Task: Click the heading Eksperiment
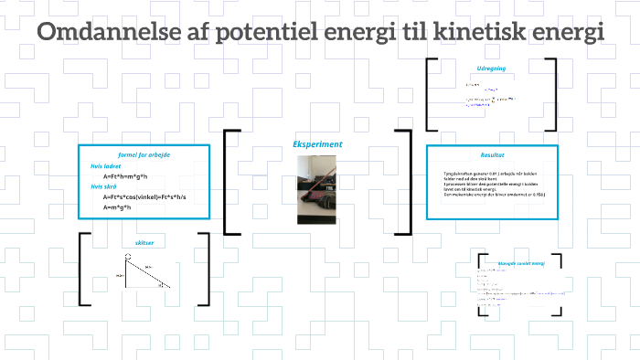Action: pyautogui.click(x=317, y=144)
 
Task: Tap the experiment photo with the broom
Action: pyautogui.click(x=316, y=189)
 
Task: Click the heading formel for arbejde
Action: pyautogui.click(x=144, y=154)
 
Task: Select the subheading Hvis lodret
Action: pyautogui.click(x=106, y=166)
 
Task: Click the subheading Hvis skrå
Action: pyautogui.click(x=103, y=185)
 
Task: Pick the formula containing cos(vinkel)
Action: pyautogui.click(x=144, y=196)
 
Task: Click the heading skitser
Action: pyautogui.click(x=144, y=243)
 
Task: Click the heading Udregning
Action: pyautogui.click(x=492, y=68)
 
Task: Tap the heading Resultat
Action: pyautogui.click(x=493, y=154)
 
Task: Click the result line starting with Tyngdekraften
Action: pyautogui.click(x=489, y=172)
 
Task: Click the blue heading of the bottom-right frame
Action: pyautogui.click(x=520, y=263)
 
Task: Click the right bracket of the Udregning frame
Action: pyautogui.click(x=552, y=95)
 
